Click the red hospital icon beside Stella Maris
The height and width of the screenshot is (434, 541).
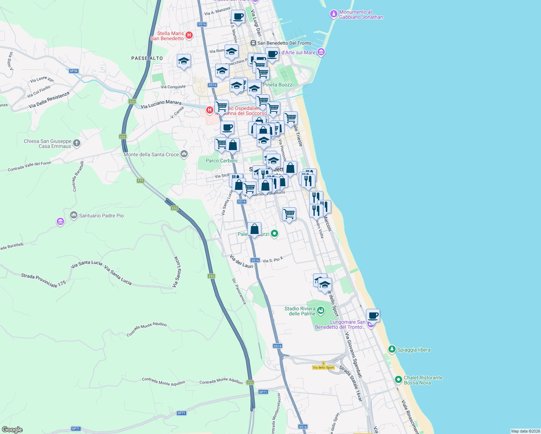coord(189,35)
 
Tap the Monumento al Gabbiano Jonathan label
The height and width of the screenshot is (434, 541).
coord(361,14)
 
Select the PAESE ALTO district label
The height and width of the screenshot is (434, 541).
coord(147,58)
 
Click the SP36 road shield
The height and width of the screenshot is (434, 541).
coord(74,71)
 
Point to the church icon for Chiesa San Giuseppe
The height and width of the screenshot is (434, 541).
coord(76,143)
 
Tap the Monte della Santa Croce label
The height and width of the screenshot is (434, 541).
coord(151,154)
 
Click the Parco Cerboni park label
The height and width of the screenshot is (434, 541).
coord(221,161)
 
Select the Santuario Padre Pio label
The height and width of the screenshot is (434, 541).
coord(101,216)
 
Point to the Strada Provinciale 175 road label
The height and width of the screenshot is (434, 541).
coord(43,280)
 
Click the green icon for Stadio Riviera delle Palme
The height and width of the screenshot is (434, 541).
coord(320,310)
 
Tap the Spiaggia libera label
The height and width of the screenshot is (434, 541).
coord(414,350)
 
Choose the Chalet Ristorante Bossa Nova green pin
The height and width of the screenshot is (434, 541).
coord(398,380)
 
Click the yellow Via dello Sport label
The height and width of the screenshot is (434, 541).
coord(323,367)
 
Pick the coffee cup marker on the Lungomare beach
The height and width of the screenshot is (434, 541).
coord(373,316)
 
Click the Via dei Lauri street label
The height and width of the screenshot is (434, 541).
coord(241,261)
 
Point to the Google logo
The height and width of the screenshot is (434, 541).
coord(12,430)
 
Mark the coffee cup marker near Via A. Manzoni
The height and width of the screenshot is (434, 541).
coord(238,16)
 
